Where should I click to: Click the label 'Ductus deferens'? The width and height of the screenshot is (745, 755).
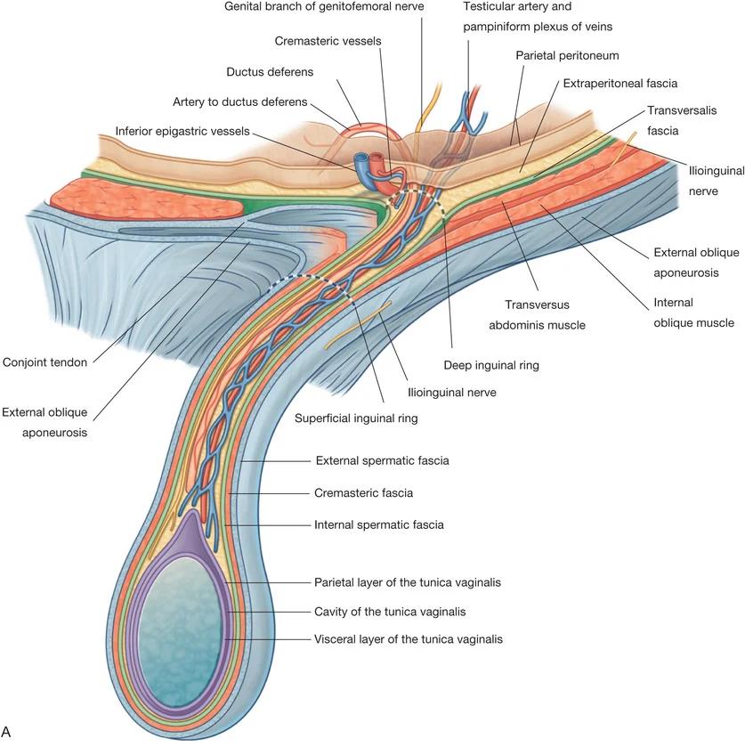[270, 71]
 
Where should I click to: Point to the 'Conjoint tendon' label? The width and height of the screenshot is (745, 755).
[45, 362]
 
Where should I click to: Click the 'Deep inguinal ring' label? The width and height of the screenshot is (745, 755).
[491, 365]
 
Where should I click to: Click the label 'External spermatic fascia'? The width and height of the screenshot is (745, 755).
[382, 461]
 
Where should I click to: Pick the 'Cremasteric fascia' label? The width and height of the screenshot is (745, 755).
[363, 492]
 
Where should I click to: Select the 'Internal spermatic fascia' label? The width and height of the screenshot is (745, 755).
[378, 524]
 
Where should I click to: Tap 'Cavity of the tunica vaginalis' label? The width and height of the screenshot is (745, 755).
[390, 612]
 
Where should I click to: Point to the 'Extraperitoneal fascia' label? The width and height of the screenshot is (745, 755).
[619, 83]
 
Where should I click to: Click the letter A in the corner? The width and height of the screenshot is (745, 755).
[7, 732]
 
